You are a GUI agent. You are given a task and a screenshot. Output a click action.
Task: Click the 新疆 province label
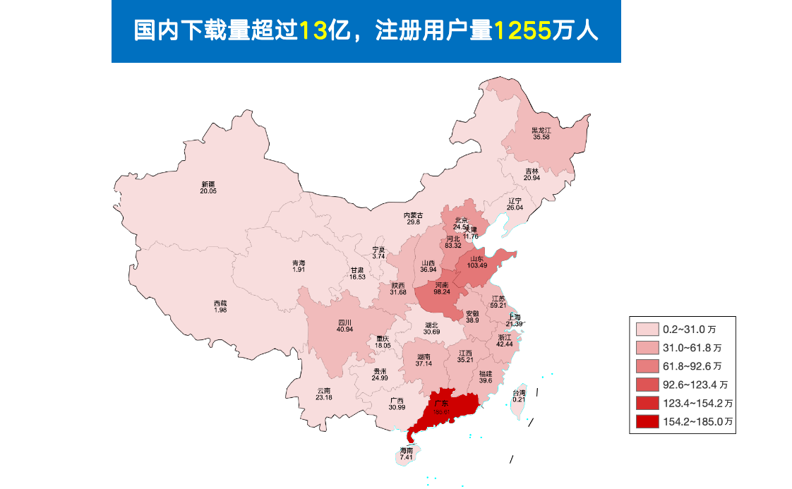[x=208, y=184]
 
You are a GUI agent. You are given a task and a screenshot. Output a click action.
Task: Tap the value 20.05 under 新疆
[x=208, y=191]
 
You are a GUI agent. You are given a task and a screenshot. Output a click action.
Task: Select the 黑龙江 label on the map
[x=541, y=130]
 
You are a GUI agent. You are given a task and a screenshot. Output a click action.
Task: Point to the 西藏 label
[x=220, y=303]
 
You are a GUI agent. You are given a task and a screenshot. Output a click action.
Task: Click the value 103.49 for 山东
[x=476, y=265]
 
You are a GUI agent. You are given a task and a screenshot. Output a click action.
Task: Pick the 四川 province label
[x=344, y=322]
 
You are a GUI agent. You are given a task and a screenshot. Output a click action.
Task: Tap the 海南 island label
[x=406, y=450]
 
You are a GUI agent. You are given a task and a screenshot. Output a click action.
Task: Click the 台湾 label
[x=519, y=392]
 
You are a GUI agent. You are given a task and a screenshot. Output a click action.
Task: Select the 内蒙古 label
[x=413, y=215]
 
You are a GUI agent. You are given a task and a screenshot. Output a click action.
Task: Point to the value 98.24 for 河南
[x=442, y=291]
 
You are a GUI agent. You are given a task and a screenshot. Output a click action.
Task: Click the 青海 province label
[x=299, y=263]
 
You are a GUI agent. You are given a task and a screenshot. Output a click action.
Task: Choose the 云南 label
[x=324, y=390]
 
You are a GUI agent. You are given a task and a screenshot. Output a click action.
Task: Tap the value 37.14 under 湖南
[x=424, y=363]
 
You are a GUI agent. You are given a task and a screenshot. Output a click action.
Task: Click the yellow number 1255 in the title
[x=522, y=31]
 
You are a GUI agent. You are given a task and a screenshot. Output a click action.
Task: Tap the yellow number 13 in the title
[x=315, y=31]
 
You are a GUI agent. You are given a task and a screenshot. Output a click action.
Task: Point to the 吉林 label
[x=532, y=171]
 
